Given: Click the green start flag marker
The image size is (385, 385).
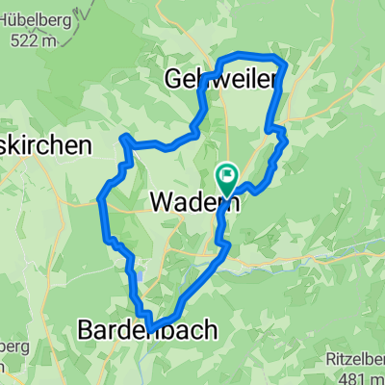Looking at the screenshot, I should tap(228, 175).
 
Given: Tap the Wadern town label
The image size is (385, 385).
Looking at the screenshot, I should tap(195, 202).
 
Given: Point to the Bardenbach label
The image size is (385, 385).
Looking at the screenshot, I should tap(145, 329).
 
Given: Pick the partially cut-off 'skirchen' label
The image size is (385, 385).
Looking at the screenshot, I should tap(44, 145).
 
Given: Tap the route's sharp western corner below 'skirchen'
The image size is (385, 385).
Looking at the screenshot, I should tap(101, 199).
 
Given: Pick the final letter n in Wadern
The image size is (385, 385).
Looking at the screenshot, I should tap(234, 202).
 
